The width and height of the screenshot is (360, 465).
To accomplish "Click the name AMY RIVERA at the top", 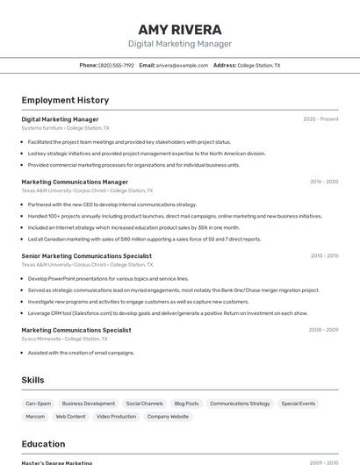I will pos(180,29).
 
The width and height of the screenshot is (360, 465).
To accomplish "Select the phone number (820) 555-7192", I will pos(117,65).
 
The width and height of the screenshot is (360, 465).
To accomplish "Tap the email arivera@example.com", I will pos(182,65).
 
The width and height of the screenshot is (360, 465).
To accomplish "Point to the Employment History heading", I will pos(65,100).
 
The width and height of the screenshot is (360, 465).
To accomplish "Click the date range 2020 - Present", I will pos(320,119).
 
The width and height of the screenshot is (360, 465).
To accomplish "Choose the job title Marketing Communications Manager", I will pos(75,182).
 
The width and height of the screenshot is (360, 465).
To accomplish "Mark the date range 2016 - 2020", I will pos(324,182).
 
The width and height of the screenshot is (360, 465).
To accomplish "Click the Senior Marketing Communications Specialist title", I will pos(86,256).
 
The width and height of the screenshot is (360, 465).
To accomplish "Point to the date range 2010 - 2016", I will pos(324,256).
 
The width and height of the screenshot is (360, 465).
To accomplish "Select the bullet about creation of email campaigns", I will pos(81,353).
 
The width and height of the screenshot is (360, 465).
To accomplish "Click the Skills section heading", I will pos(32,380).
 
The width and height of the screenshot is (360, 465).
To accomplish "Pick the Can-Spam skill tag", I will pos(39,404).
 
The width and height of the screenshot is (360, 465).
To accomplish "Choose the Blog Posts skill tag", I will pos(186,404).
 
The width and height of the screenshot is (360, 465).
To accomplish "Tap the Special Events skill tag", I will pos(298,404).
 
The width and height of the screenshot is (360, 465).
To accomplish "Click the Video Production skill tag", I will pos(116,417).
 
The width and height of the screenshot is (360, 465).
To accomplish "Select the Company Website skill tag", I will pos(168,417).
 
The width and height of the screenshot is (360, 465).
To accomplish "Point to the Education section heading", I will pos(43,444).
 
